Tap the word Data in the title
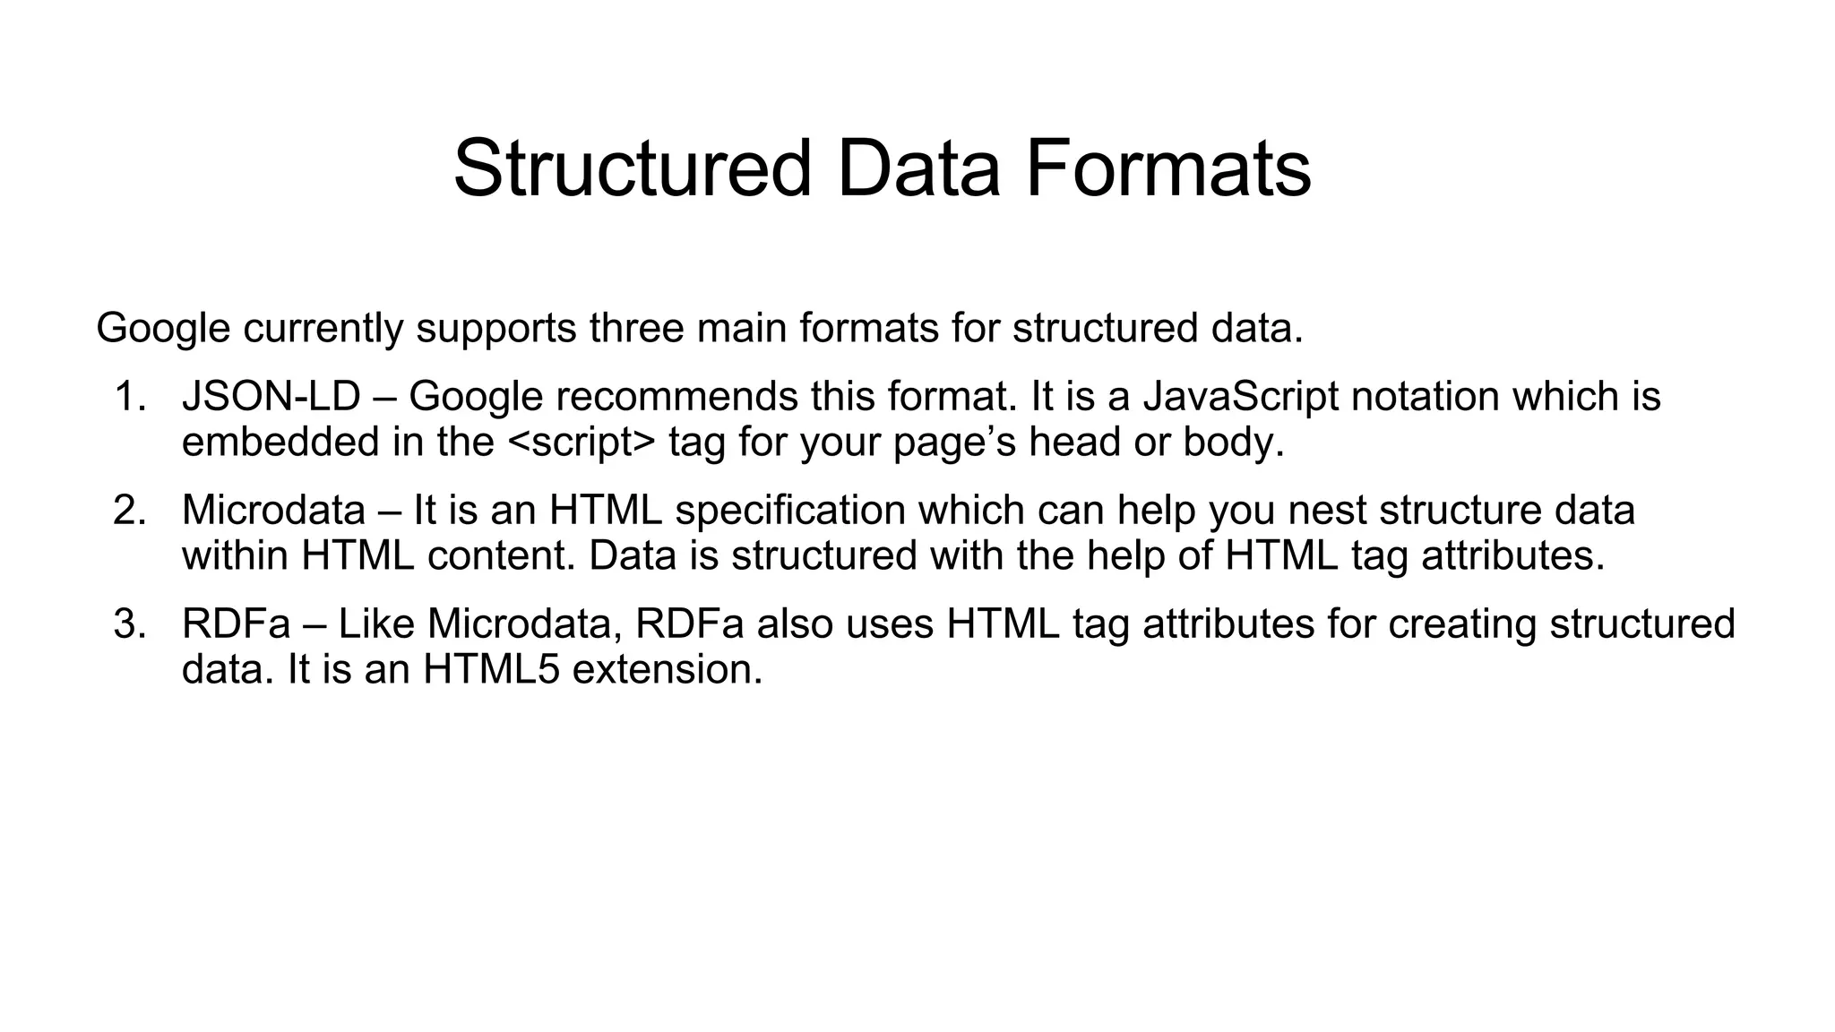click(x=917, y=168)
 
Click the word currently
click(x=323, y=329)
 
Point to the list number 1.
click(x=130, y=397)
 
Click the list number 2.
click(x=130, y=511)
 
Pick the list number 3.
click(x=130, y=624)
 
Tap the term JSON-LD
click(x=271, y=397)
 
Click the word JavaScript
click(x=1240, y=397)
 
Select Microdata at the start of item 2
click(x=273, y=511)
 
